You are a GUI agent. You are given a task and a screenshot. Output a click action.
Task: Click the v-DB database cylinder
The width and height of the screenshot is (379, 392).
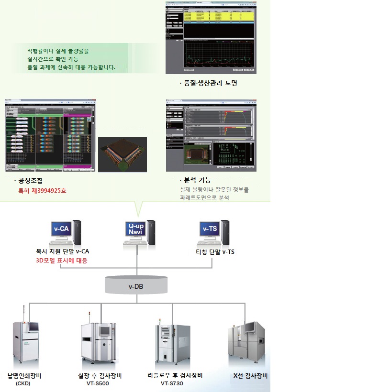coord(137,286)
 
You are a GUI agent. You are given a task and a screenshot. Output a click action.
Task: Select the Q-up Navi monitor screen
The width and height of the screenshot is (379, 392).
coord(135,229)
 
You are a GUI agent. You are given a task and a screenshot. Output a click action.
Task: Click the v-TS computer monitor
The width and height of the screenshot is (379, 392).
coord(210,229)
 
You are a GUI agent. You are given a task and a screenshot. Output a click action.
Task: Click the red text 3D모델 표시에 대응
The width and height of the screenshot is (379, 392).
coord(62,261)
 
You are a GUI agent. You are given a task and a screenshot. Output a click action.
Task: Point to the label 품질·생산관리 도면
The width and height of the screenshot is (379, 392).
coord(208,83)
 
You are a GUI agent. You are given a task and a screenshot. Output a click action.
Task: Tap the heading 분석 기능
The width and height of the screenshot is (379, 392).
coord(198,180)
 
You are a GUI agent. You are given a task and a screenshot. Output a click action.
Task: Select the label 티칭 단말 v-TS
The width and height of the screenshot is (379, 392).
coord(215,252)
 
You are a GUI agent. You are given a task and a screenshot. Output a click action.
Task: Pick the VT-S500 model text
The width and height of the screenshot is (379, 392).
coord(99,383)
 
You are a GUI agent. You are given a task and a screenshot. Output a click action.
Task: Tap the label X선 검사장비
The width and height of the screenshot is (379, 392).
coord(250,375)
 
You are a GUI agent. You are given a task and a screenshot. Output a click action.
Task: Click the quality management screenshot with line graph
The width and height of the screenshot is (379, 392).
coord(210,37)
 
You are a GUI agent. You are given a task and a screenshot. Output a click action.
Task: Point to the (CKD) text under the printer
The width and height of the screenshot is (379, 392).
coord(23,383)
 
